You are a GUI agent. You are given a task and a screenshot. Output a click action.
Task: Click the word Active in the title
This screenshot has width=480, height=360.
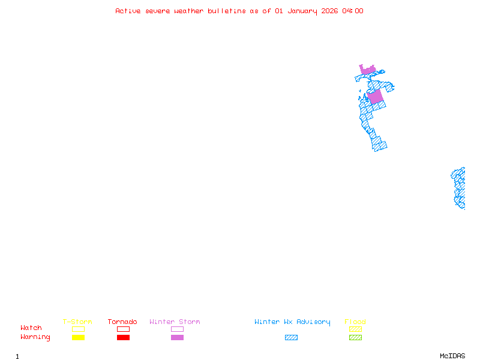click(x=128, y=11)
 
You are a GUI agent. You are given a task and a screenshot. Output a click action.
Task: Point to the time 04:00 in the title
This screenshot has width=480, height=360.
click(x=352, y=11)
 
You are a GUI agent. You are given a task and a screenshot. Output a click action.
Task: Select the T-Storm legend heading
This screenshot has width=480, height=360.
click(x=77, y=322)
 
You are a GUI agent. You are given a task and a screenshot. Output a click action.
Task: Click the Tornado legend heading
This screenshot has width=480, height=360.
click(x=122, y=322)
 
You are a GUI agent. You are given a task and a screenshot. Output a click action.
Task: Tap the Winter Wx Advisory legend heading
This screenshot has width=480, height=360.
click(x=292, y=322)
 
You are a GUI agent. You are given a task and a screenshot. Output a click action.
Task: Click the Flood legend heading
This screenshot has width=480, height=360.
click(x=355, y=322)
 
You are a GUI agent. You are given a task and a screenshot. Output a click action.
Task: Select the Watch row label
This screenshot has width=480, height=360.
click(x=31, y=328)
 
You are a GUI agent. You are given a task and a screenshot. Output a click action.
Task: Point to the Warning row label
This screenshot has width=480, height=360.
click(x=35, y=337)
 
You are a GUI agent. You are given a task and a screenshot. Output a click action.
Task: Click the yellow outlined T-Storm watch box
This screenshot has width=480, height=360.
click(x=78, y=329)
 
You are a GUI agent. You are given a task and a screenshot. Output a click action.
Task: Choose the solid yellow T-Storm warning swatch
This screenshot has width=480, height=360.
click(x=78, y=337)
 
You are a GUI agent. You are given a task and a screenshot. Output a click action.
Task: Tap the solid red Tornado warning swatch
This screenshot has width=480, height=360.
click(x=123, y=337)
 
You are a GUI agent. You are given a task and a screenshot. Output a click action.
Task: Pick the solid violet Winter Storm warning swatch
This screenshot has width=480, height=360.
click(x=177, y=337)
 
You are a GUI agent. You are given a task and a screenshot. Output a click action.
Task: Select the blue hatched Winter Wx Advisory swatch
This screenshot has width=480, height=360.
click(x=291, y=337)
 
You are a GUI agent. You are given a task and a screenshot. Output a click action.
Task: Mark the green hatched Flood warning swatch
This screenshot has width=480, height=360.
click(x=355, y=337)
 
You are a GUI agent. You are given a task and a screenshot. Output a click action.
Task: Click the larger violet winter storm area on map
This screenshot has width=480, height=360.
click(x=375, y=97)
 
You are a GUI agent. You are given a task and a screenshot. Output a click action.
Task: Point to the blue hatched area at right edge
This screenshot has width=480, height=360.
click(x=459, y=188)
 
